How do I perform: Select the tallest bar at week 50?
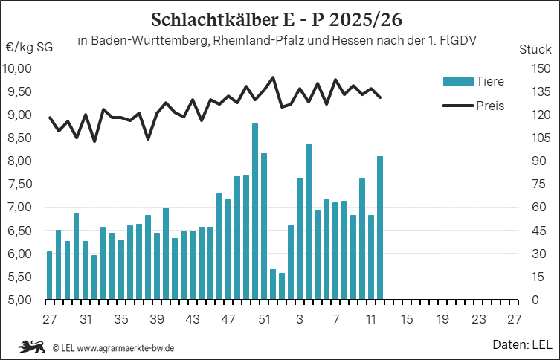point(255,212)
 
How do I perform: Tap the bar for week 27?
point(50,275)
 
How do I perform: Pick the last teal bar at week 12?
point(380,228)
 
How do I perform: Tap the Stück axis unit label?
point(534,49)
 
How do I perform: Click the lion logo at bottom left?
point(33,346)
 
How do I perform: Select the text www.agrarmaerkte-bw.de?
point(126,347)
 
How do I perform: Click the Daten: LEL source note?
point(521,344)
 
